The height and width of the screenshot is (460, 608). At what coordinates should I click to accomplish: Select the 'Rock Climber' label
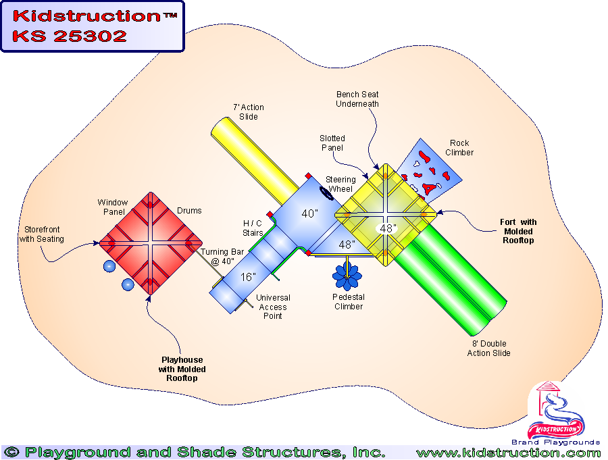[459, 147]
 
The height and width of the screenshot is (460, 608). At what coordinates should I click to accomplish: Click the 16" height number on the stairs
[247, 276]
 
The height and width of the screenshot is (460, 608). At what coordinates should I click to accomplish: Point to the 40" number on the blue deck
[310, 213]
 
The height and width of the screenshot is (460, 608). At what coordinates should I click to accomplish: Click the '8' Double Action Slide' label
[488, 349]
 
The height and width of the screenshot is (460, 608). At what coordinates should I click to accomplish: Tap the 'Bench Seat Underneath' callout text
[357, 99]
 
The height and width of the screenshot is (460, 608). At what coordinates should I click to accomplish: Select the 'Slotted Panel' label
[332, 143]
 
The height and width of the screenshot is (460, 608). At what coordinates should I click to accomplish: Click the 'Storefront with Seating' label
[41, 234]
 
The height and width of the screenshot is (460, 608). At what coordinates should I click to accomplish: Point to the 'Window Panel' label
[112, 207]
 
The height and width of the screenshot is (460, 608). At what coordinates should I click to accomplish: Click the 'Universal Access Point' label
[272, 307]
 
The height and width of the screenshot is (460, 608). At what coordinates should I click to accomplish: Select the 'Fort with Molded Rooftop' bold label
[518, 232]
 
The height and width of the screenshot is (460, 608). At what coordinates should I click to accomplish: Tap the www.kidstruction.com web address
[508, 453]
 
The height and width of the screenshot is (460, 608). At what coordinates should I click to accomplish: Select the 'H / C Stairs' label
[254, 228]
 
